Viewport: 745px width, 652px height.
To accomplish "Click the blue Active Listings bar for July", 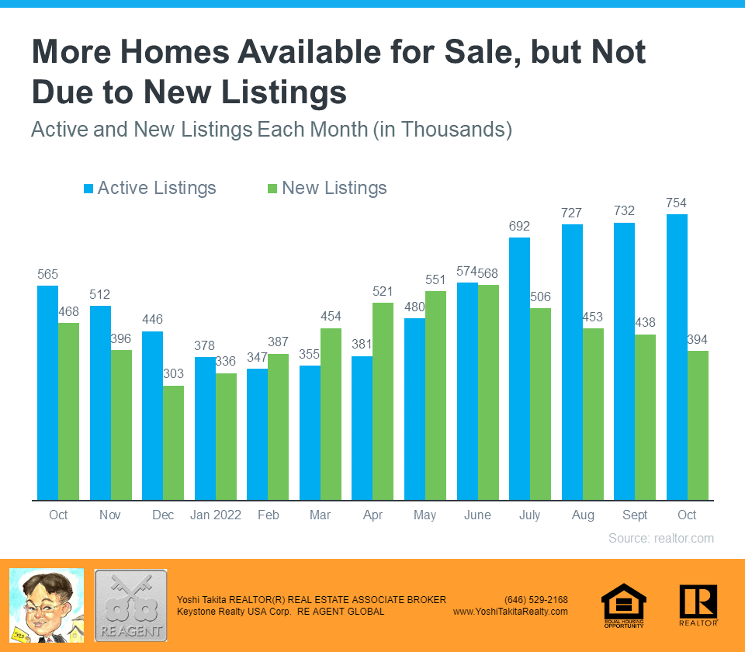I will coord(520,369).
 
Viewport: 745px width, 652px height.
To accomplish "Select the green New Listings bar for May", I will coord(435,395).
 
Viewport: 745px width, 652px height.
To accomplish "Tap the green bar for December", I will coord(174,442).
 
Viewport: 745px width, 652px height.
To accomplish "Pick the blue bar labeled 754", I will coord(677,357).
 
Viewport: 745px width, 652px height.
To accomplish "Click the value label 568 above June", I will coord(489,272).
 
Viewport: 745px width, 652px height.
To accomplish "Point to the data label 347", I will coord(258,357).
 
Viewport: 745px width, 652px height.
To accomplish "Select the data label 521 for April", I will coord(383,290).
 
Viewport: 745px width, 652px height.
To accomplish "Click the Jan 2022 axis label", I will coord(216,515).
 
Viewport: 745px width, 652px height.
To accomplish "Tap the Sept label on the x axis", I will coord(635,515).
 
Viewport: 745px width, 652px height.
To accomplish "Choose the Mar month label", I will coord(320,515).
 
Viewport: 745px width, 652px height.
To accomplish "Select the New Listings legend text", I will coord(334,189).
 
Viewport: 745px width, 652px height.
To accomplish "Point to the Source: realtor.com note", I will coord(660,538).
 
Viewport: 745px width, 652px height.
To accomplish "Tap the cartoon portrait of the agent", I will coord(46,605).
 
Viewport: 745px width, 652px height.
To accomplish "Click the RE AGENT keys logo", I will coord(130,605).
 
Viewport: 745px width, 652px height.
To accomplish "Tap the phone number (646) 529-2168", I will coord(535,600).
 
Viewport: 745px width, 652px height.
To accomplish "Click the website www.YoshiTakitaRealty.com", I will coord(510,612).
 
